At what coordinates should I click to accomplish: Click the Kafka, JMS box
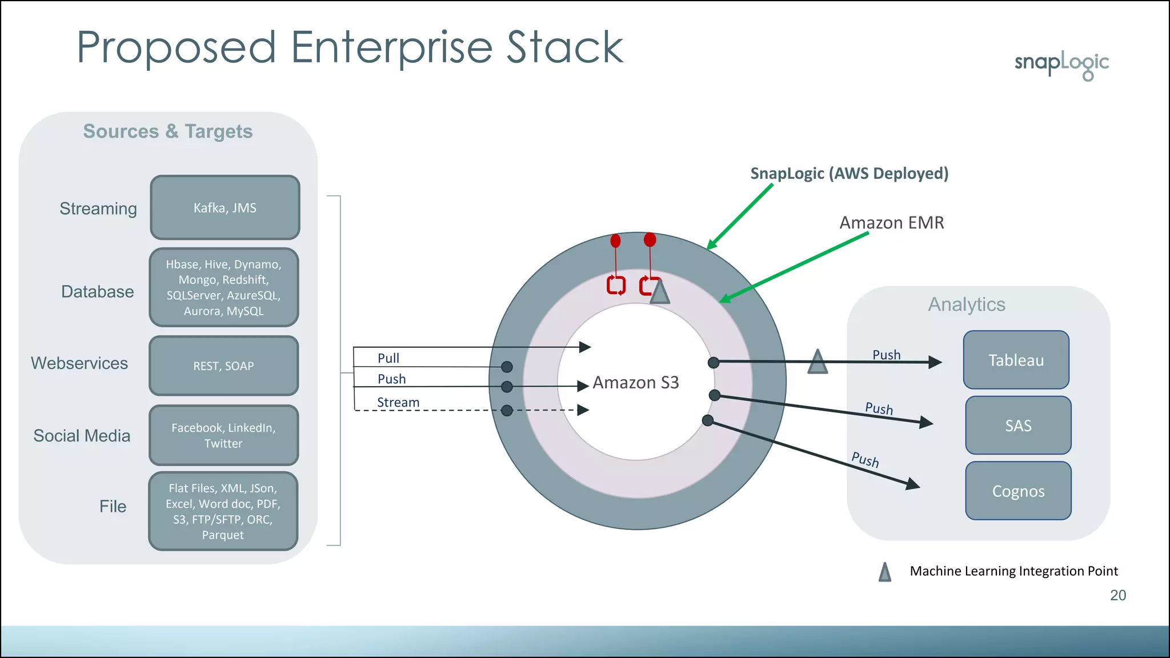tap(225, 207)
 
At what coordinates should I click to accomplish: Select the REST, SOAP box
tap(223, 366)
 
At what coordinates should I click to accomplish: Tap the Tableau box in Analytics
tap(1016, 360)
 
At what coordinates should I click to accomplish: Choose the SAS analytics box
tap(1018, 426)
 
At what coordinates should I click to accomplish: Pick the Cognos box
tap(1018, 491)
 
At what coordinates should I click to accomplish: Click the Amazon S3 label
tap(635, 382)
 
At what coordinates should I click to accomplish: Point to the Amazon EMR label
tap(891, 222)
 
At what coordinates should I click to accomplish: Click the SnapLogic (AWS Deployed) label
tap(849, 173)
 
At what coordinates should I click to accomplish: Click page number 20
tap(1117, 595)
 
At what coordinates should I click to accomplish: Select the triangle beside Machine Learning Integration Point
tap(884, 572)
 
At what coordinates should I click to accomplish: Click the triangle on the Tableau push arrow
tap(818, 362)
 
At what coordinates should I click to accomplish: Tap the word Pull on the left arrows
tap(388, 358)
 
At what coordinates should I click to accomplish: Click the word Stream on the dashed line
tap(398, 402)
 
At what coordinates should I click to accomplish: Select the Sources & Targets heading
tap(167, 131)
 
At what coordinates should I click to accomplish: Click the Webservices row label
tap(79, 363)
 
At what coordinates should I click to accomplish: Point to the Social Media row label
tap(82, 436)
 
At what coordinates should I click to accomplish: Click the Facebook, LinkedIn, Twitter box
tap(223, 435)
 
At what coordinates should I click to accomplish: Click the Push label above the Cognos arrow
tap(865, 459)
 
